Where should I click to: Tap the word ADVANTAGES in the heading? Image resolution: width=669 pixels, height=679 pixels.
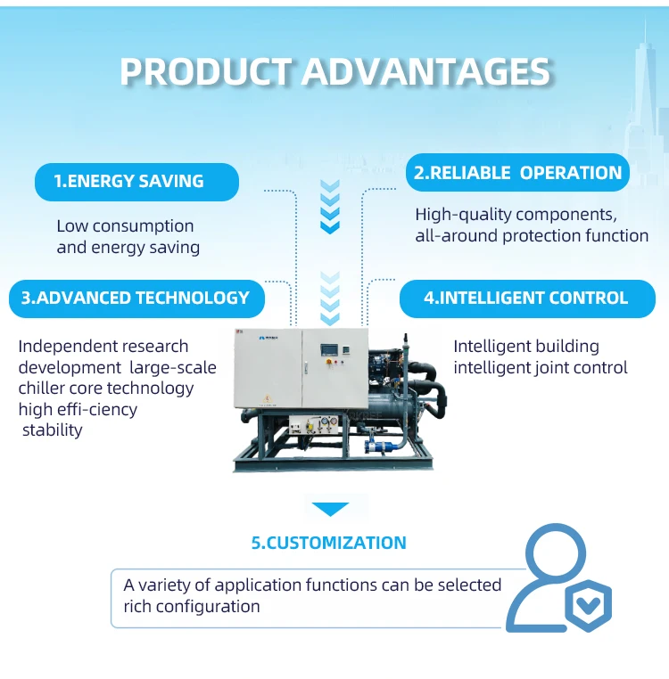(x=426, y=71)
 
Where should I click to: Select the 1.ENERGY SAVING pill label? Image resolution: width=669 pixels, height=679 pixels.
(x=136, y=182)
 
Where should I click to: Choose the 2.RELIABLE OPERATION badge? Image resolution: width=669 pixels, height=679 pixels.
(x=517, y=172)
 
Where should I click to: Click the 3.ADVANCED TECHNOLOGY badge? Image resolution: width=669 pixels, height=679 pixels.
(x=136, y=299)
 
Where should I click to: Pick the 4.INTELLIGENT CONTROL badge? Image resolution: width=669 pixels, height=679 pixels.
(x=527, y=299)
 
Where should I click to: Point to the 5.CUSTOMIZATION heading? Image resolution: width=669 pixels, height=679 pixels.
(x=328, y=543)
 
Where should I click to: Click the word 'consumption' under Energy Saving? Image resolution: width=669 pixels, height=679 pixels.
(x=143, y=226)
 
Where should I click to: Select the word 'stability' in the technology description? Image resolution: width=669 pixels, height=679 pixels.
(x=52, y=430)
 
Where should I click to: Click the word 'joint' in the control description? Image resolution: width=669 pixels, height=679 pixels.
(x=551, y=368)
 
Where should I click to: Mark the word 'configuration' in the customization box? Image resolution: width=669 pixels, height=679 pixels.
(x=208, y=607)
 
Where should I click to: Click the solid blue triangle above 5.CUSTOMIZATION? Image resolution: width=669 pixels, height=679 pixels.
(x=330, y=510)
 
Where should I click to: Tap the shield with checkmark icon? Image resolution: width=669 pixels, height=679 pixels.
(x=589, y=605)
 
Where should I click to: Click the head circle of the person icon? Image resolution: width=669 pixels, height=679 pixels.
(x=556, y=553)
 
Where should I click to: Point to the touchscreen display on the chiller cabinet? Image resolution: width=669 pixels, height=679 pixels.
(x=328, y=350)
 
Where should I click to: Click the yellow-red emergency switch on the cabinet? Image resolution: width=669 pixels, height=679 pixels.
(x=328, y=361)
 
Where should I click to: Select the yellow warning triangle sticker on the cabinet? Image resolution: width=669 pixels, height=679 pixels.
(x=268, y=398)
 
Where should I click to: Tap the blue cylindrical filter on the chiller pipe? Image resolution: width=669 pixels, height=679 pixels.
(x=381, y=446)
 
